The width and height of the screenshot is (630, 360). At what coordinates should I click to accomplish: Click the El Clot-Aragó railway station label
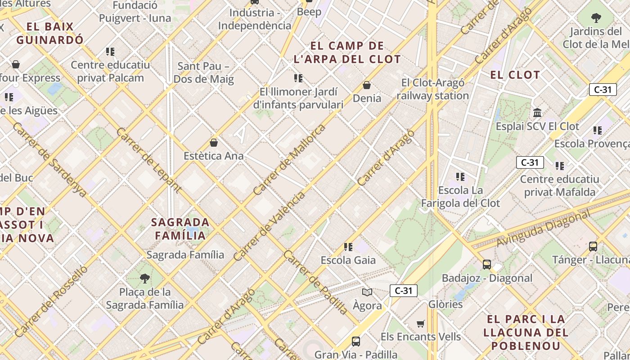(432, 89)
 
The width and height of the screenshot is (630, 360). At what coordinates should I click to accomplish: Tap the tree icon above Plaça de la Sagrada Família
(144, 279)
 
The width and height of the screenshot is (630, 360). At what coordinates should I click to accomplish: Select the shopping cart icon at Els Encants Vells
(421, 324)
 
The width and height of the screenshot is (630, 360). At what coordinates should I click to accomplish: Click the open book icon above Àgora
(367, 292)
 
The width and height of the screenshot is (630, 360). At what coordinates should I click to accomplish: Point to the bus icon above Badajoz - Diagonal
(486, 264)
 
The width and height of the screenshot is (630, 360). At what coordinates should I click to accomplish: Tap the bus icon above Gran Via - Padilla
(355, 341)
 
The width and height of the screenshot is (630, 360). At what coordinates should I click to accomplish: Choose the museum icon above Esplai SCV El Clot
(537, 112)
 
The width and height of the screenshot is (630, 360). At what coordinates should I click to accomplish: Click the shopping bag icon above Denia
(367, 85)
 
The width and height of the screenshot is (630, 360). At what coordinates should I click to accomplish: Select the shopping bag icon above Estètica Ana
(214, 143)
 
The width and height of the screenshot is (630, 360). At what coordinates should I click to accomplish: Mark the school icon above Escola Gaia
(348, 247)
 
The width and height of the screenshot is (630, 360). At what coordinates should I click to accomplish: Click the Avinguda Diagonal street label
(543, 229)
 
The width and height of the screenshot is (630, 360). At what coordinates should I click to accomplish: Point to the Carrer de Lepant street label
(148, 160)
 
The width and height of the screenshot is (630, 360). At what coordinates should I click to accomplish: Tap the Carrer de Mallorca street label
(289, 159)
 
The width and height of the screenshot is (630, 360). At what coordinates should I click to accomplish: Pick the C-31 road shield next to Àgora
(403, 291)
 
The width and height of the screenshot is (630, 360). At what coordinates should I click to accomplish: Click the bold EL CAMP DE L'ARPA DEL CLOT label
(347, 52)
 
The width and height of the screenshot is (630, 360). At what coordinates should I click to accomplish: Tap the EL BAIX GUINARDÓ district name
(50, 33)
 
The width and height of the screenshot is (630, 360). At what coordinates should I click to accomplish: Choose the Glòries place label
(445, 304)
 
